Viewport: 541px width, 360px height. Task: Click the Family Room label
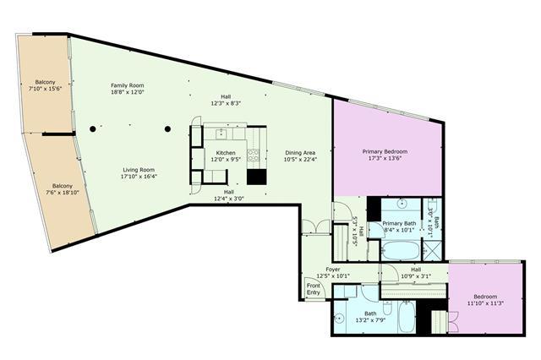point(128,85)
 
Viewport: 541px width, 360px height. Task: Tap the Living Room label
point(139,170)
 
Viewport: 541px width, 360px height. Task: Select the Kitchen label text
point(226,153)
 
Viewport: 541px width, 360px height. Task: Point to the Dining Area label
point(300,153)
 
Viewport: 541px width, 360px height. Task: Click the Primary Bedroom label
point(385,151)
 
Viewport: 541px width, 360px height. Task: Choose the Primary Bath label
point(399,223)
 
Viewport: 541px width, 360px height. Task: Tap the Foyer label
point(333,270)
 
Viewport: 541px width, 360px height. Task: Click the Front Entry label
point(314,289)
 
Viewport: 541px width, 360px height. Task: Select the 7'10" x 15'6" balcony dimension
point(45,89)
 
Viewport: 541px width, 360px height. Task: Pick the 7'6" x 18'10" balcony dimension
point(63,193)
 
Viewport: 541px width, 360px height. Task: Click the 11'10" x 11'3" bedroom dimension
point(485,303)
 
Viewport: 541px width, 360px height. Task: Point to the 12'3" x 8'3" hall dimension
point(226,103)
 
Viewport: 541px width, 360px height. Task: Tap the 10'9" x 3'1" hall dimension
point(416,276)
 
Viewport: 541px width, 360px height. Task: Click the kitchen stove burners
point(254,155)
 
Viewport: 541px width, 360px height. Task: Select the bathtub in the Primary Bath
point(400,251)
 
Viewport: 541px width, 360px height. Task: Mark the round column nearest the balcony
point(92,129)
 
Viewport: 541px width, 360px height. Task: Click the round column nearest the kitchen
point(167,129)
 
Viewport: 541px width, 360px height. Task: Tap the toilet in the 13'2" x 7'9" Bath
point(387,308)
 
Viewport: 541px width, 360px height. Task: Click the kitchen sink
point(221,134)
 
